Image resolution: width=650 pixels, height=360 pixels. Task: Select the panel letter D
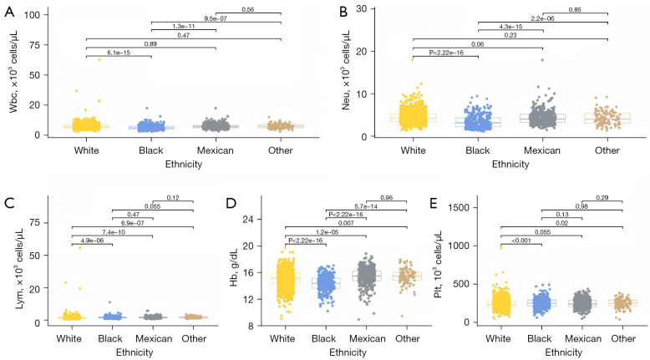230,201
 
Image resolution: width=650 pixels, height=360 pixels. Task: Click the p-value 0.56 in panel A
247,10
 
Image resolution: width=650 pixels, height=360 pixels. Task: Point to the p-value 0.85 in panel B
575,10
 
